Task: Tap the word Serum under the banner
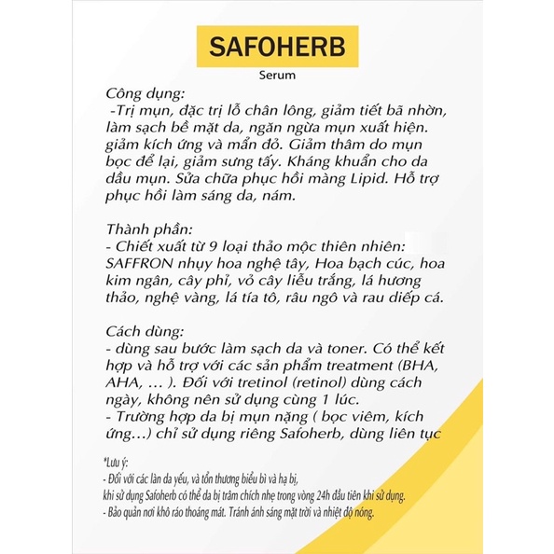[x=277, y=78]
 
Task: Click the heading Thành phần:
[x=150, y=229]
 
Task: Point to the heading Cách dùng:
[x=145, y=329]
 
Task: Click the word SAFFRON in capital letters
[x=144, y=264]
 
